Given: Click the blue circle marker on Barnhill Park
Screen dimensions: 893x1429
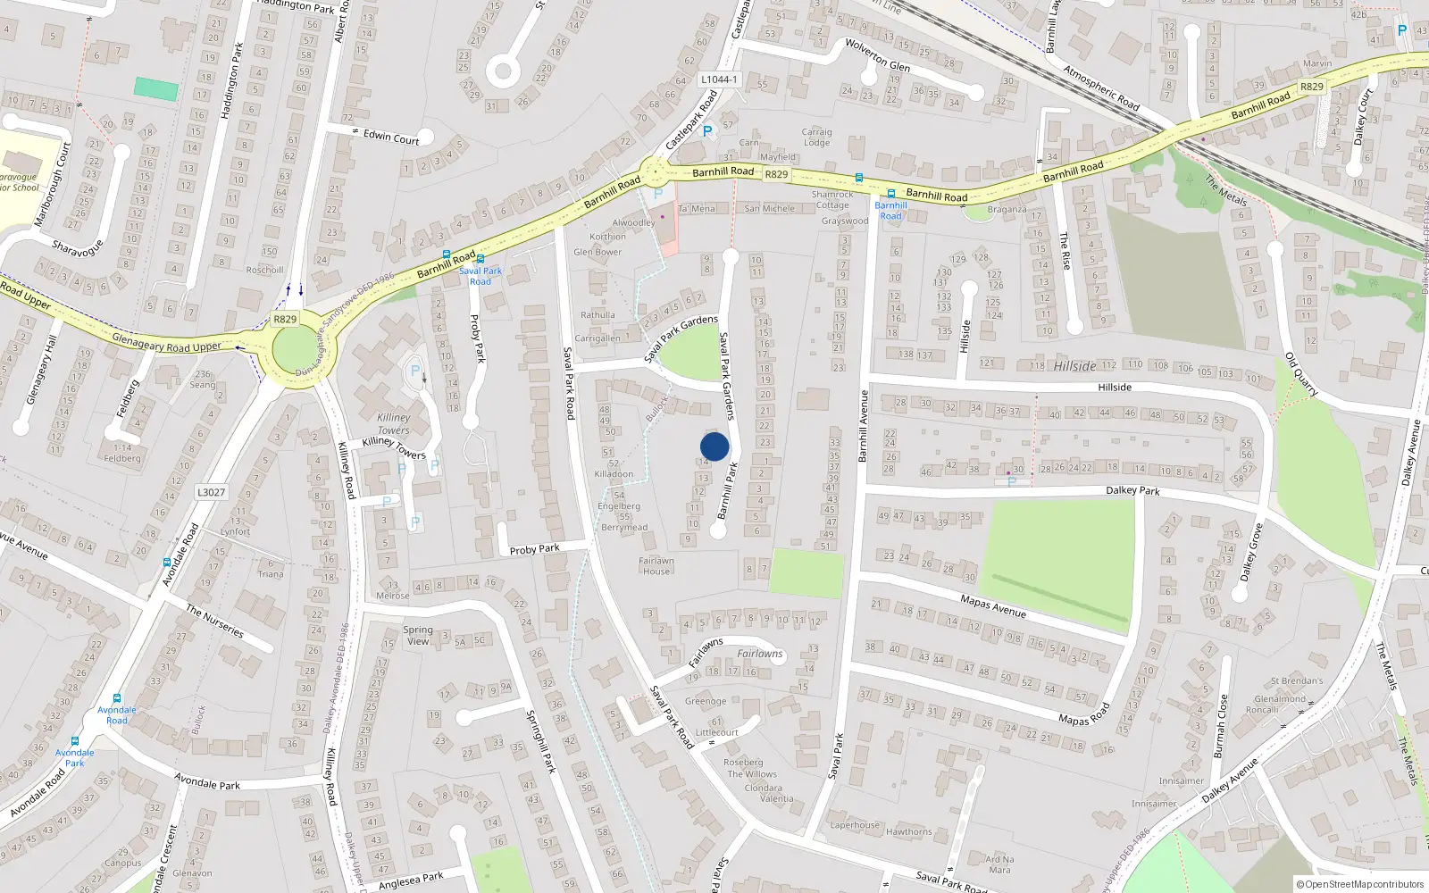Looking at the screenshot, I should coord(714,446).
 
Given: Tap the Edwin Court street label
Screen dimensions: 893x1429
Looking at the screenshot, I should coord(391,137).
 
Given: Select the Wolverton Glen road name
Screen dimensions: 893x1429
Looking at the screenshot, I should coord(878,55).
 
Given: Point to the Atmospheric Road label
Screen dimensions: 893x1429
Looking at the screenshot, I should coord(1101,88).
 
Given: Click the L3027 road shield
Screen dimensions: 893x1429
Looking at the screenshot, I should coord(211,492).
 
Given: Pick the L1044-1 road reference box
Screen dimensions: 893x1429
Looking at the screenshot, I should coord(719,79).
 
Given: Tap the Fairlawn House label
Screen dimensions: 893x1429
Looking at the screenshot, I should coord(656,566).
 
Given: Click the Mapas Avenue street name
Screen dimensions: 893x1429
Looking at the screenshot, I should coord(993,606).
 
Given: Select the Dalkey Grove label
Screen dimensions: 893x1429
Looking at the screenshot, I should coord(1251,552).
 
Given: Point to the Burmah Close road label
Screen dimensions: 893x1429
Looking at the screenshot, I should coord(1220,726).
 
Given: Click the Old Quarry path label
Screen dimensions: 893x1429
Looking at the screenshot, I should coord(1301,374).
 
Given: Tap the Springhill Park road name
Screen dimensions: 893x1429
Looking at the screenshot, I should coord(540,741).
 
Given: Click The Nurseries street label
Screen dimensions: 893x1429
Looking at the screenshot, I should coord(214,621).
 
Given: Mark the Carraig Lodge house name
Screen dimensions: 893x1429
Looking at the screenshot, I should coord(816,137).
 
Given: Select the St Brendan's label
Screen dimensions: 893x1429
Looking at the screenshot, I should coord(1297,680).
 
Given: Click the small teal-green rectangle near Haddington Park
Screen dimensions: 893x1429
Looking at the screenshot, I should coord(156,88).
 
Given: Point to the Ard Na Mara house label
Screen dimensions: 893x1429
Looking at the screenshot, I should coord(999,864).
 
